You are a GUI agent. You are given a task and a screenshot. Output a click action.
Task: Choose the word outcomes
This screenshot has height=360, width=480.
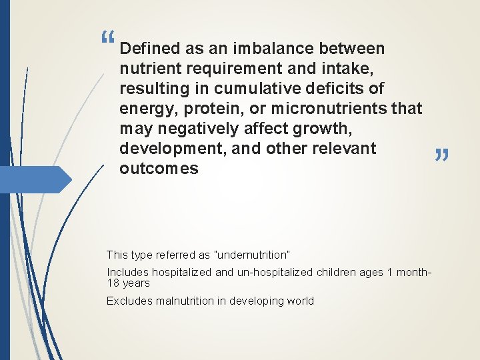159,169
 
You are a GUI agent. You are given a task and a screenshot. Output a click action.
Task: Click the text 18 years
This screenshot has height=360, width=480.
128,283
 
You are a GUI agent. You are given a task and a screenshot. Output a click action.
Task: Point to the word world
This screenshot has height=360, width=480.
299,301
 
